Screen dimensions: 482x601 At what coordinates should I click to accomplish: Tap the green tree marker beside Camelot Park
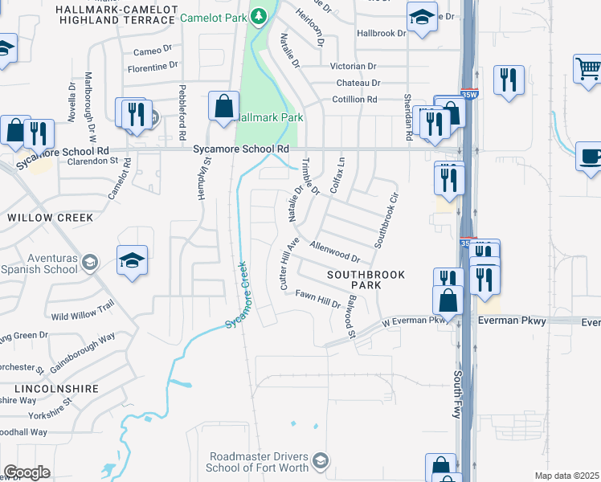tap(259, 15)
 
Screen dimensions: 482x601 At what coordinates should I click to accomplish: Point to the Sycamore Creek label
tap(243, 295)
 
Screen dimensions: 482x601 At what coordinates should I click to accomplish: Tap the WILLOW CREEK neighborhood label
tap(50, 218)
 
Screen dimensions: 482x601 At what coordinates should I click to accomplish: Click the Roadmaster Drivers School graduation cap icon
tap(320, 460)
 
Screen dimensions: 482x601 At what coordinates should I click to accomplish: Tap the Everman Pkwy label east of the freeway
tap(512, 321)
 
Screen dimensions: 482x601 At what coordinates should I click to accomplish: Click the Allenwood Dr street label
tap(335, 251)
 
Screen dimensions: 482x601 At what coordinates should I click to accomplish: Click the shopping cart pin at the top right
tap(587, 69)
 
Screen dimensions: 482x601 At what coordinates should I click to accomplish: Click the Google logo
tap(26, 472)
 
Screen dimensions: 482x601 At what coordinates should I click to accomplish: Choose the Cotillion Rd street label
tap(354, 100)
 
